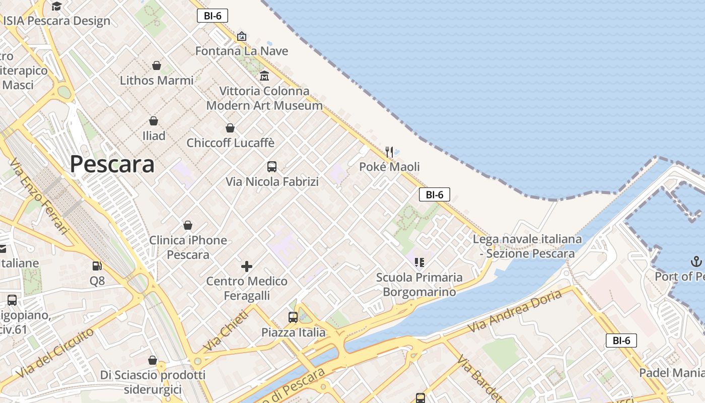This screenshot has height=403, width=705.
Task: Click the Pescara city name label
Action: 112,164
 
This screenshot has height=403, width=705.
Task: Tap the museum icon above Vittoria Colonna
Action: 264,76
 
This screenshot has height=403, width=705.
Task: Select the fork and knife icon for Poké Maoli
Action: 389,152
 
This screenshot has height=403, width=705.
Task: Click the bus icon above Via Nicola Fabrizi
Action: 272,167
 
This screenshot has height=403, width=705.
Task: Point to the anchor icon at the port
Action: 695,261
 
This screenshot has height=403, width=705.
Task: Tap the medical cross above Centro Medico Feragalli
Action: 247,266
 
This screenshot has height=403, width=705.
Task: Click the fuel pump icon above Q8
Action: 97,265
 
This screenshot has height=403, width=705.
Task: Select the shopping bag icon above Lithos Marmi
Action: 157,65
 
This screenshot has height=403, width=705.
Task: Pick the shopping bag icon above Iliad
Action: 154,121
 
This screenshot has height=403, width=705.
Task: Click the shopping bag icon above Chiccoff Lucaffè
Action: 230,128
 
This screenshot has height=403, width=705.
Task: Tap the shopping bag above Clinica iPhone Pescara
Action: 188,225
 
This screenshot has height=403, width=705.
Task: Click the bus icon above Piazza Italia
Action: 293,317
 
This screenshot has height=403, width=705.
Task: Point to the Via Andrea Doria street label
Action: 515,311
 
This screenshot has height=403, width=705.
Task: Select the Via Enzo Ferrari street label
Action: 39,196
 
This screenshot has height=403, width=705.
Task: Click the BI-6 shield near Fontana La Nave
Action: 213,16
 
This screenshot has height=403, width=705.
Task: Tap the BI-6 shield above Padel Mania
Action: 621,341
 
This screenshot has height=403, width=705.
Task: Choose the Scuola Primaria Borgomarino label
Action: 419,285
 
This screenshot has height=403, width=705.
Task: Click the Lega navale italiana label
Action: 527,246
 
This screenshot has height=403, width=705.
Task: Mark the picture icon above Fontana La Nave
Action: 242,36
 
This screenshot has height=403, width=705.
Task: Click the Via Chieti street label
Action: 226,330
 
